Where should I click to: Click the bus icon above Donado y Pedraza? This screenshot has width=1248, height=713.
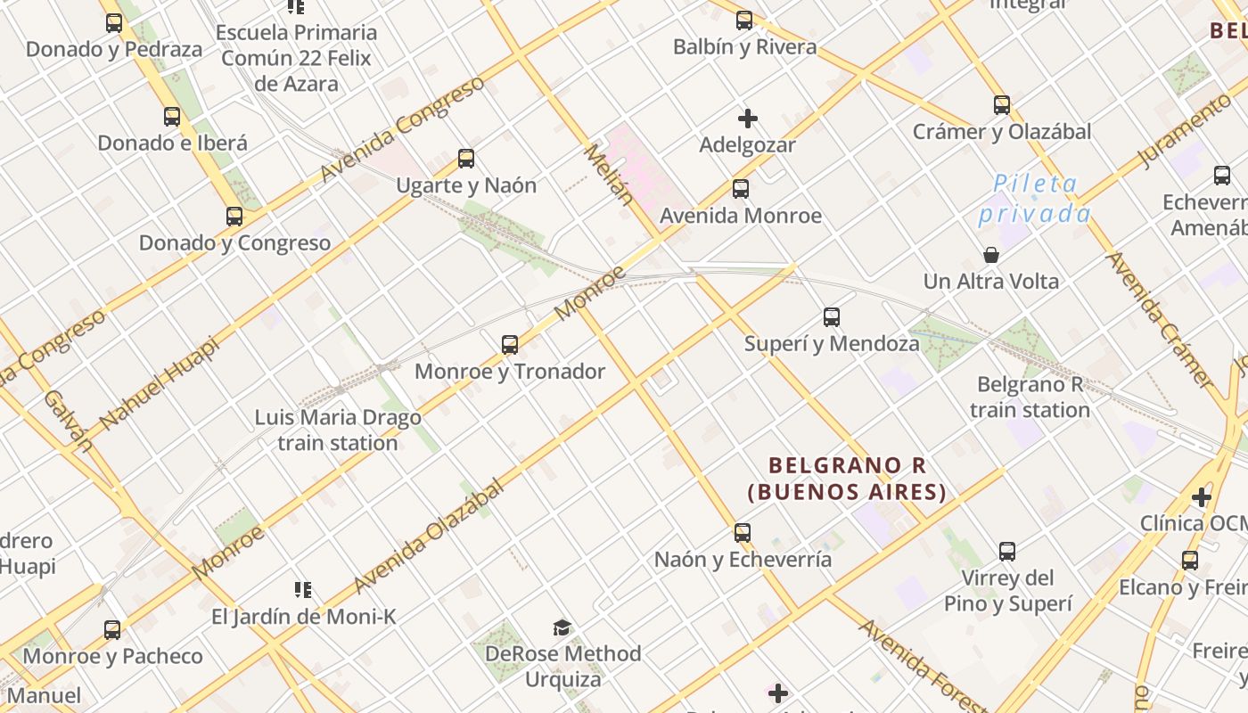coord(113,23)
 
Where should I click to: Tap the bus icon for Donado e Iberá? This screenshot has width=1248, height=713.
coord(172,117)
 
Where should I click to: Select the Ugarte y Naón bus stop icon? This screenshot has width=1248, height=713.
coord(465,160)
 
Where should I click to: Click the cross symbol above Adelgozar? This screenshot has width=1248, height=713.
coord(747,119)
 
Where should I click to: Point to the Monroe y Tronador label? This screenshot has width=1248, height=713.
coord(510,372)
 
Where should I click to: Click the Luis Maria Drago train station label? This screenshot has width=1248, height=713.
coord(338,430)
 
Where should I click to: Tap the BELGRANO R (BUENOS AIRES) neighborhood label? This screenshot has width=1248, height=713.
coord(846,479)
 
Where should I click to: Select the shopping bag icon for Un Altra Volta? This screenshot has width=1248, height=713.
coord(990,256)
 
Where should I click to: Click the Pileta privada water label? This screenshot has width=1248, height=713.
coord(1035,199)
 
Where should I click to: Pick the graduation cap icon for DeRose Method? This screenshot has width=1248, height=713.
coord(562,628)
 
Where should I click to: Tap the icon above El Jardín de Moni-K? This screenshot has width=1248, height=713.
coord(302,590)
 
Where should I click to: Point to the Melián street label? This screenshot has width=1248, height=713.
coord(609,175)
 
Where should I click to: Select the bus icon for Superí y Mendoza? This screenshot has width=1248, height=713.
coord(831,317)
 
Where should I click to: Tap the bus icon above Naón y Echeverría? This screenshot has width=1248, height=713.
coord(742,534)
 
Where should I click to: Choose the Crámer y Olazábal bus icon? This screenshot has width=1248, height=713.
coord(1001,105)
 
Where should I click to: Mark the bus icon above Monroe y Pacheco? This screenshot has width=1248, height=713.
coord(112,630)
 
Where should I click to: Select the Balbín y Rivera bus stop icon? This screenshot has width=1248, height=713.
coord(743,20)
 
